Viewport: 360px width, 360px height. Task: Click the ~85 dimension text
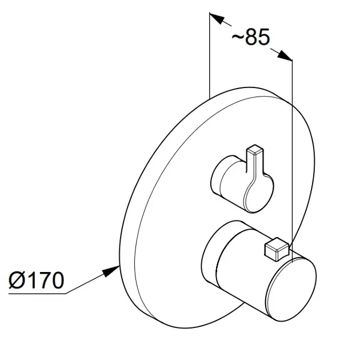pos(250,37)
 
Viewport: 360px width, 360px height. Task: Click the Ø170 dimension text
pos(36,280)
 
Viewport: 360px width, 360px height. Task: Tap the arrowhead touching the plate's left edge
pos(111,271)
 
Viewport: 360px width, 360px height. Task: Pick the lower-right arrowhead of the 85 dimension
pos(285,55)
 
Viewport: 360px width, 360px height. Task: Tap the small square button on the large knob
pos(277,249)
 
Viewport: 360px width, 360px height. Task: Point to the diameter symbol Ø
pos(17,280)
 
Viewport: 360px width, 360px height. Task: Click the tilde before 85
pos(238,37)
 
